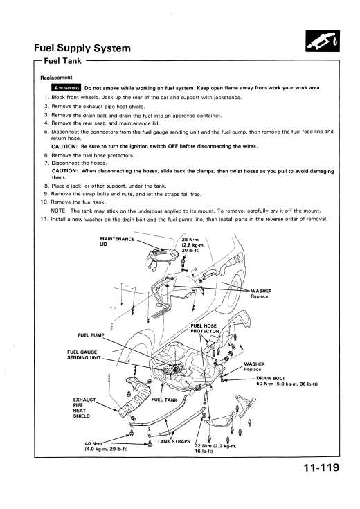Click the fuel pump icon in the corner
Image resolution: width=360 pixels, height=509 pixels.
coord(323,41)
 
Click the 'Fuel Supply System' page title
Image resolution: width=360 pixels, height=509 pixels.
coord(82,48)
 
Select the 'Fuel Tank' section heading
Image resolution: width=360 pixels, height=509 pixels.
coord(62,61)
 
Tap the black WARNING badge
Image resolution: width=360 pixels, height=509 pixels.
coord(66,88)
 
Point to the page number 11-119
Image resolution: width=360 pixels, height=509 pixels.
coord(321,467)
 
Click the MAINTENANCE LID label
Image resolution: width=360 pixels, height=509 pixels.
coord(117,242)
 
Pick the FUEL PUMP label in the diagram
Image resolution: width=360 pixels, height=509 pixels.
coord(91,335)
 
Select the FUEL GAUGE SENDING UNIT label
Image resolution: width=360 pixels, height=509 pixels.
coord(84,355)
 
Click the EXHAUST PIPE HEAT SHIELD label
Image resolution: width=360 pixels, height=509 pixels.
coord(84,408)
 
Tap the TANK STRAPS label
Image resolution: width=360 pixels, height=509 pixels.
coord(174,442)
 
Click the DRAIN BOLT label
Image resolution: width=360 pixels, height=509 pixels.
coord(271,378)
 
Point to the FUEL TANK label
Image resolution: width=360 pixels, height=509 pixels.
coord(164,400)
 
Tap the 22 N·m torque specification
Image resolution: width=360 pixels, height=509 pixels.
coord(215,449)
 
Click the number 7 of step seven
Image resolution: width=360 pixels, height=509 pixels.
coord(46,163)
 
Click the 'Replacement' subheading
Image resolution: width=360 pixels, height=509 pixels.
coord(56,78)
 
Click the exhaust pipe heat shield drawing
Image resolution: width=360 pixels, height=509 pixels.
coord(136,398)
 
